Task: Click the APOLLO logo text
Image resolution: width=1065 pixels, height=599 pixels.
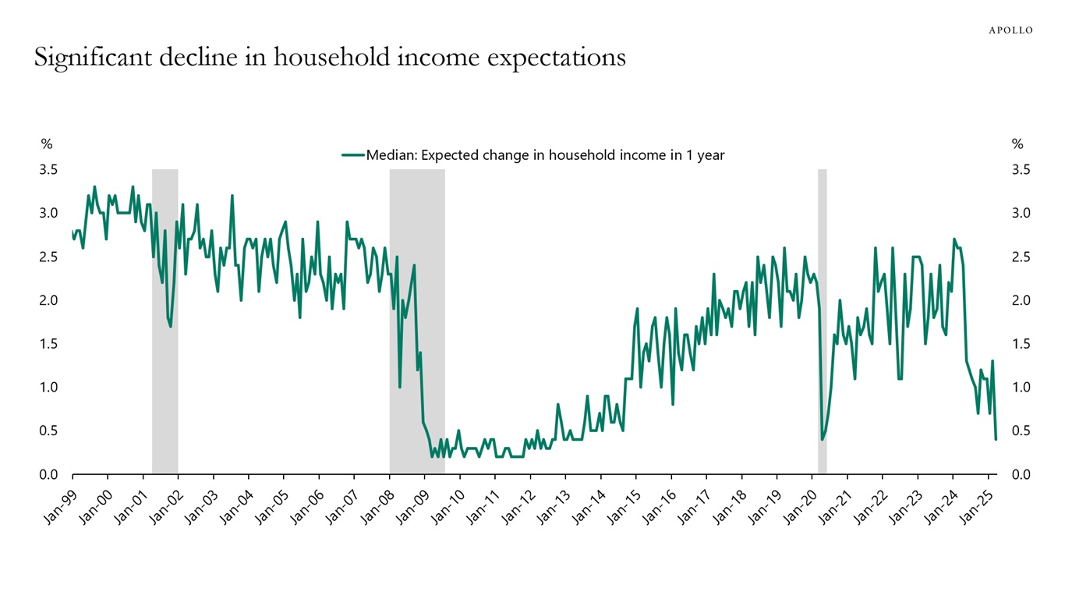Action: pyautogui.click(x=1010, y=30)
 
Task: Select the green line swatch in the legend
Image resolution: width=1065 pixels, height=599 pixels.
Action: pyautogui.click(x=353, y=155)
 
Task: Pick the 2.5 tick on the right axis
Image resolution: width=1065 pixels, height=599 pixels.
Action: pyautogui.click(x=1021, y=257)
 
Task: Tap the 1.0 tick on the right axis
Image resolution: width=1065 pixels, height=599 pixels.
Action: pyautogui.click(x=1021, y=387)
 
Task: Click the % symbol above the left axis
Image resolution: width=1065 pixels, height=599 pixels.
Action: pyautogui.click(x=47, y=144)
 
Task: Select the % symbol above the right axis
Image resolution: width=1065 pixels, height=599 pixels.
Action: pyautogui.click(x=1017, y=144)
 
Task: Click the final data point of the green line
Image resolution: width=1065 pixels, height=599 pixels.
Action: pyautogui.click(x=996, y=439)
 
